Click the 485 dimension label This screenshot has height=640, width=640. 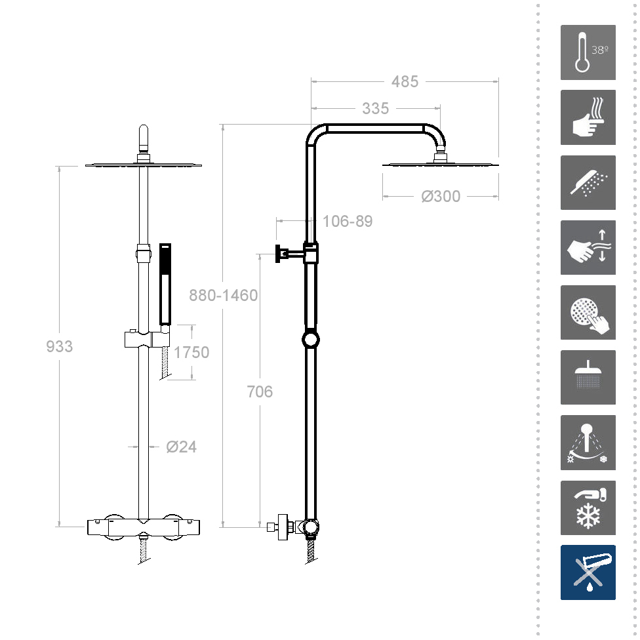point(405,81)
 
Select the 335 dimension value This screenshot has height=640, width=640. point(376,109)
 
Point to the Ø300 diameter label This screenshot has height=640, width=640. point(441,196)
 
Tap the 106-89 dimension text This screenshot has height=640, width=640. point(348,221)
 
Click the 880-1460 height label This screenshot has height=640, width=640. point(223,295)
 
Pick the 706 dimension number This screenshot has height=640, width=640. point(260,392)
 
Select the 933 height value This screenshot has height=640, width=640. point(59,346)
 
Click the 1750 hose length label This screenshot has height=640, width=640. point(191,352)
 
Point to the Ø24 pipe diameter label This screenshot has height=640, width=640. point(181,447)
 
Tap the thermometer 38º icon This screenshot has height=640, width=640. point(588,52)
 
